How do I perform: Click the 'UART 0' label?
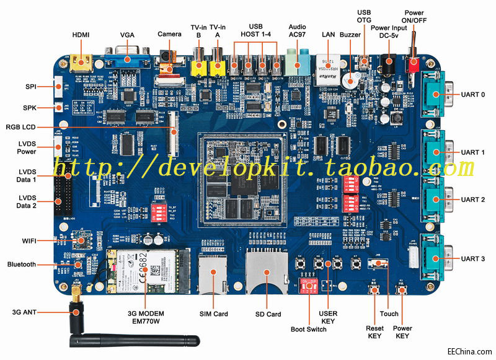(x=473, y=95)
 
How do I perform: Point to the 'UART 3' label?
(x=473, y=258)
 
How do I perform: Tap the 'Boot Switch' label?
(x=308, y=329)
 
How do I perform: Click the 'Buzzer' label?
(x=350, y=35)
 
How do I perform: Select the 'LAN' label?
(x=329, y=35)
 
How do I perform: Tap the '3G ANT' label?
(x=27, y=311)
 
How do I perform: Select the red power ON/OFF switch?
(x=411, y=63)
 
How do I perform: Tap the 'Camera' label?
(x=169, y=34)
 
